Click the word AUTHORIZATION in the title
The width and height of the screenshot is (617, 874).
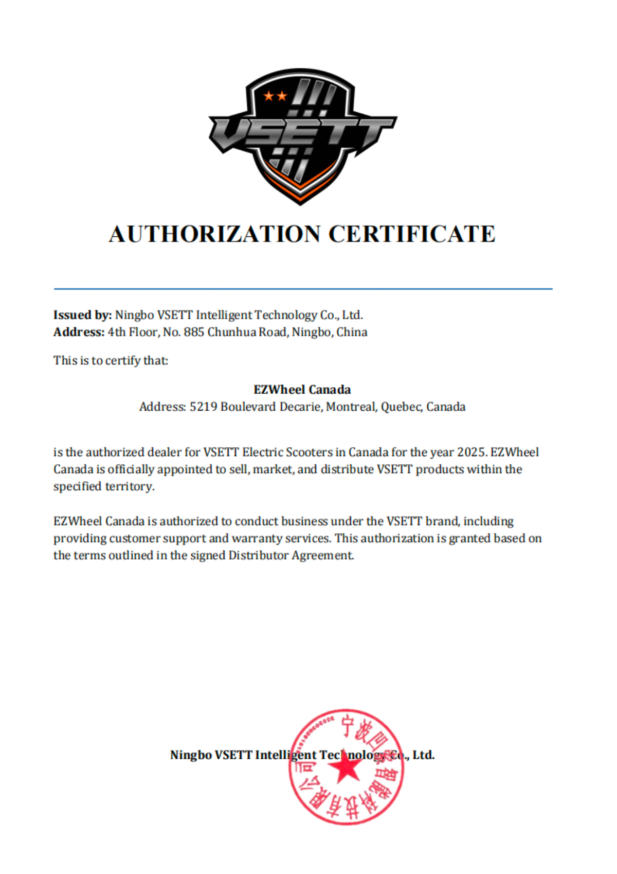[214, 234]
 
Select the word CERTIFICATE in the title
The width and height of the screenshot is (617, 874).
[411, 234]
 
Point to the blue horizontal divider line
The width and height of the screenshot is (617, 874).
[303, 289]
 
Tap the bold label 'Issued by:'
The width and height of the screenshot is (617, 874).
[82, 315]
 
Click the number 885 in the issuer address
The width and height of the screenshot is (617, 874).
[194, 332]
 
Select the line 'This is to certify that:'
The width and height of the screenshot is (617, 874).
[111, 360]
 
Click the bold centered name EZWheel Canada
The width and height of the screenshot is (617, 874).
[302, 390]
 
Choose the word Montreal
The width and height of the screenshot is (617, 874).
[352, 407]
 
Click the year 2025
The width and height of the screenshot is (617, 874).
[471, 452]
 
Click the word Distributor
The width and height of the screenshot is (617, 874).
[259, 555]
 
